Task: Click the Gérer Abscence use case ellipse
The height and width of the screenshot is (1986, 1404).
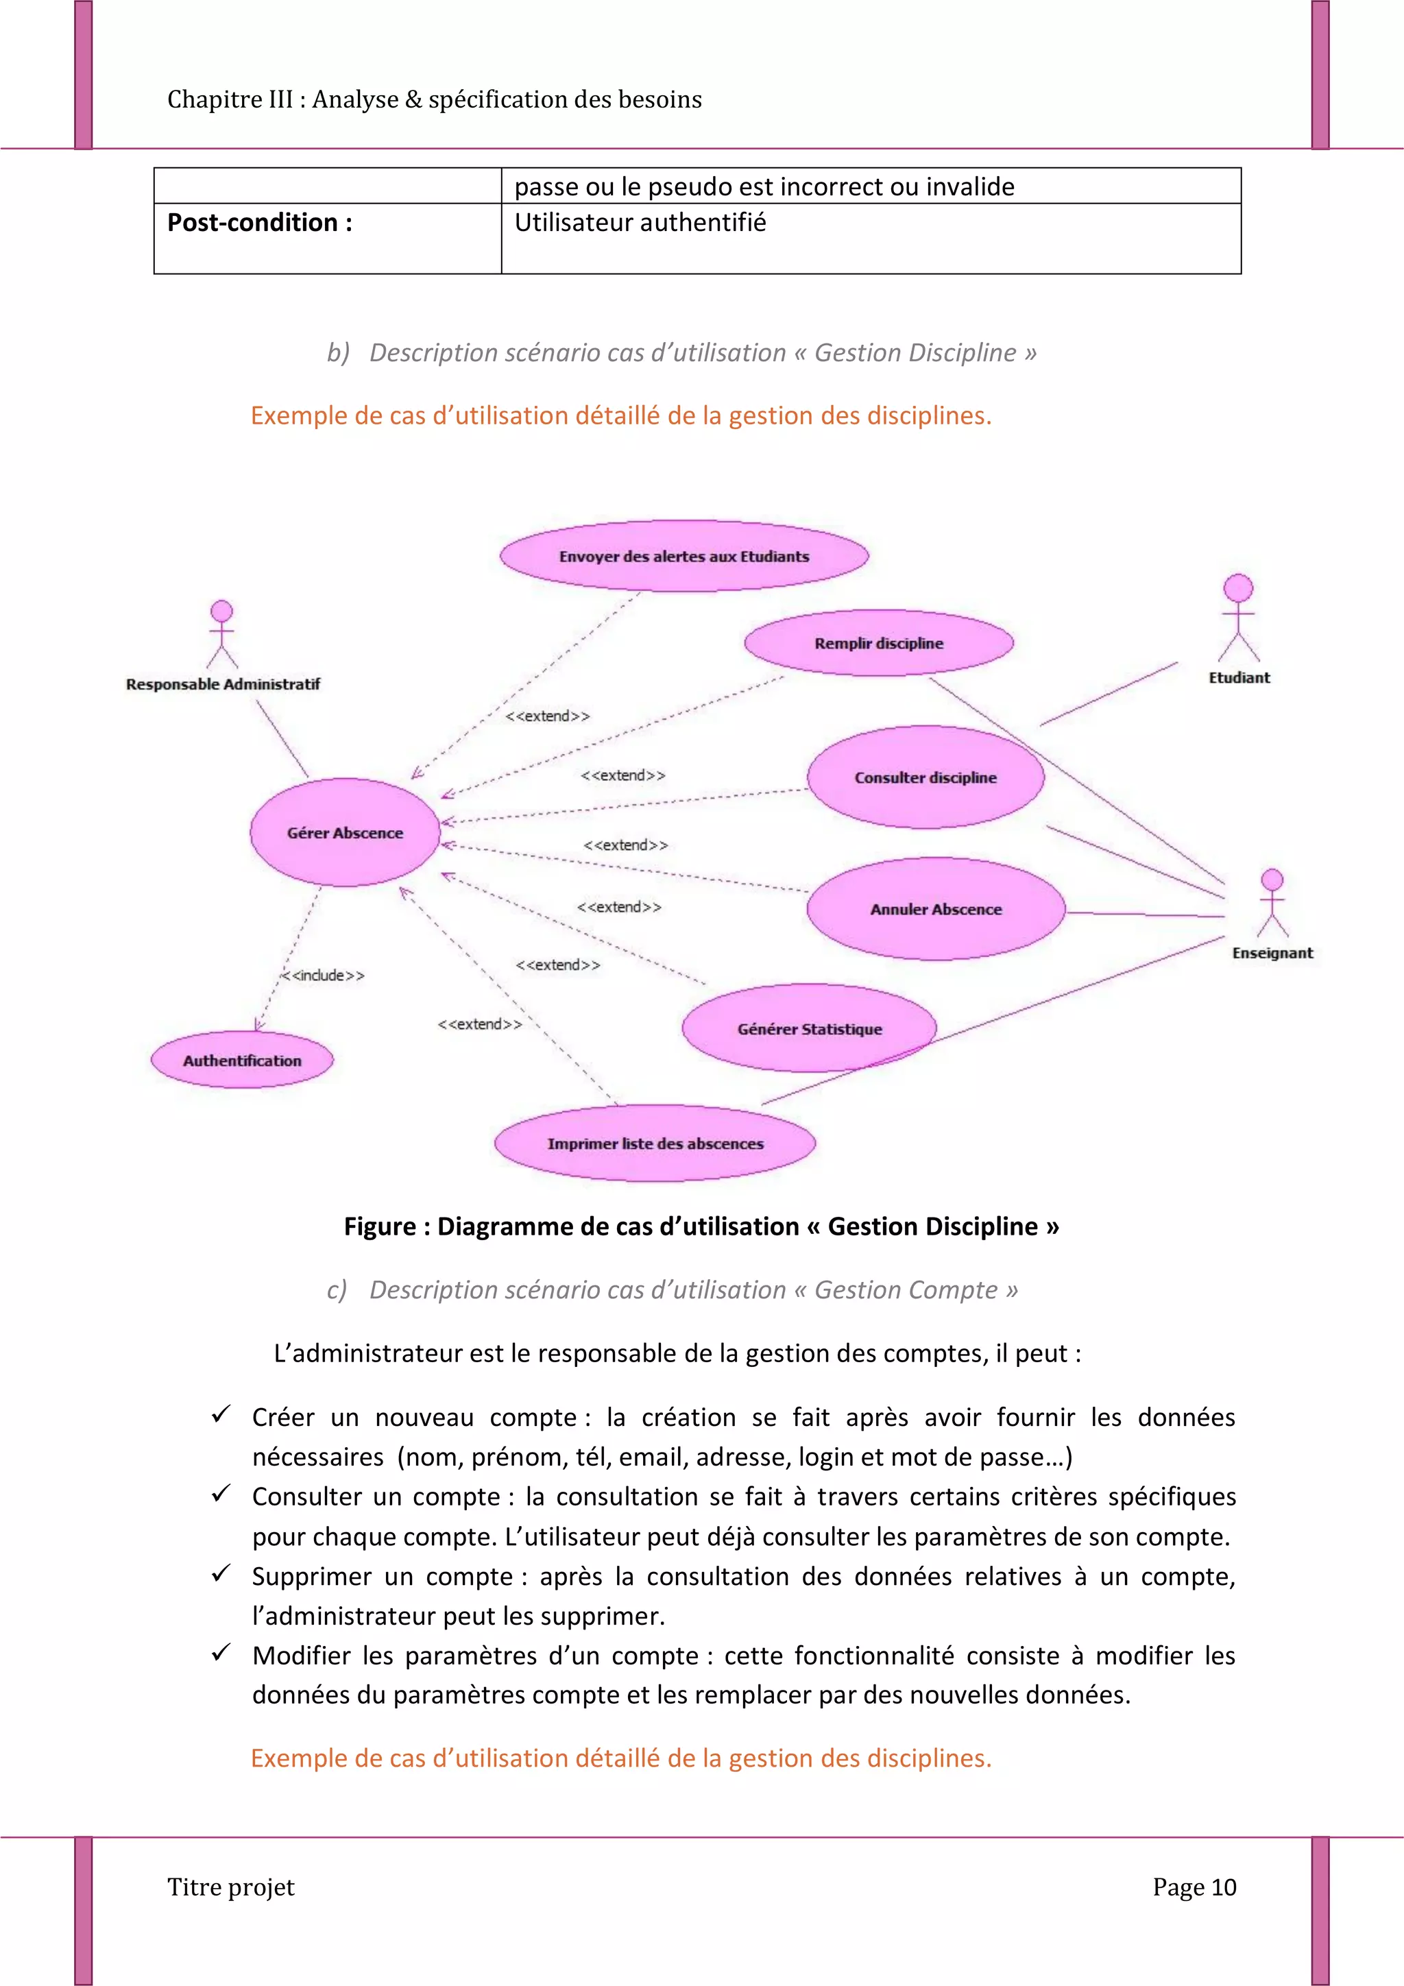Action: [345, 832]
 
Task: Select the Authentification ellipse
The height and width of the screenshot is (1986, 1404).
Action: [242, 1060]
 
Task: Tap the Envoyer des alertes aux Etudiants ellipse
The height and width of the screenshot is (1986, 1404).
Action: [683, 556]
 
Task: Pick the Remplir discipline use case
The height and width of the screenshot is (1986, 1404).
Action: [878, 642]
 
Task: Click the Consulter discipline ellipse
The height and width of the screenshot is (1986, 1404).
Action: [925, 777]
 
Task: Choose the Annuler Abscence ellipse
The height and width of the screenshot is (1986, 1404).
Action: [935, 908]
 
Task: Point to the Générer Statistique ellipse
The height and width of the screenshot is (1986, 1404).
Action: [809, 1028]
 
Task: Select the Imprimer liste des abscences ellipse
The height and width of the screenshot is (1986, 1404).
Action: [655, 1143]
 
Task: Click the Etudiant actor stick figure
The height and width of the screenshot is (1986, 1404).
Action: [1238, 618]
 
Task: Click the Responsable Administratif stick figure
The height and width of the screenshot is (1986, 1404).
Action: [222, 634]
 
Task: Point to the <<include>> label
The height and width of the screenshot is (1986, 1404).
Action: [324, 975]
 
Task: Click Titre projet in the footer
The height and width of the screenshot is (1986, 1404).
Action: [231, 1887]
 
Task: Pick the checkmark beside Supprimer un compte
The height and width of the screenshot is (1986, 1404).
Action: [221, 1573]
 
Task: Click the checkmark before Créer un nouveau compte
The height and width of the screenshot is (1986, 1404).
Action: [221, 1414]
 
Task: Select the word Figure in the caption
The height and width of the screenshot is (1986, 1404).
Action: [380, 1226]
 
